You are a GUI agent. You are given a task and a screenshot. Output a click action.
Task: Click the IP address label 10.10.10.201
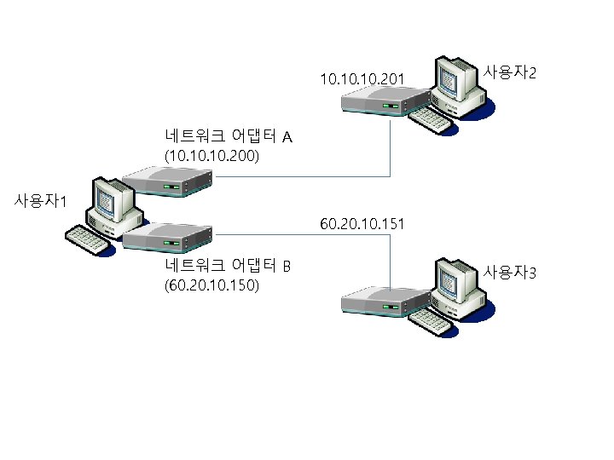pyautogui.click(x=362, y=79)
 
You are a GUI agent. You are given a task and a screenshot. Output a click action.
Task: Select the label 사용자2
pyautogui.click(x=509, y=73)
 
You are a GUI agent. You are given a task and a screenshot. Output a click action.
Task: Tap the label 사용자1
pyautogui.click(x=40, y=202)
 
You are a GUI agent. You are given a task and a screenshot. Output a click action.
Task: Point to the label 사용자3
pyautogui.click(x=509, y=273)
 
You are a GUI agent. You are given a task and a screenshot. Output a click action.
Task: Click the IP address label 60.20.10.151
pyautogui.click(x=362, y=224)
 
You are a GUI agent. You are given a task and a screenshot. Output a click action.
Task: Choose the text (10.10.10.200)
pyautogui.click(x=212, y=157)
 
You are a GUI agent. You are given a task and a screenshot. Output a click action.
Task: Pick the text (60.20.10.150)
pyautogui.click(x=212, y=286)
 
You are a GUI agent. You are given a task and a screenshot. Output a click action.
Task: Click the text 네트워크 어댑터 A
pyautogui.click(x=228, y=136)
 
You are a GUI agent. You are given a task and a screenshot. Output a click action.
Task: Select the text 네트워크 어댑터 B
pyautogui.click(x=228, y=266)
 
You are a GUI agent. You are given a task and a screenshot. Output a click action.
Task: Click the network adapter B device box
pyautogui.click(x=167, y=236)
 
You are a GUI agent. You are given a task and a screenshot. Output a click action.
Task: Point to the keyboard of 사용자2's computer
pyautogui.click(x=431, y=120)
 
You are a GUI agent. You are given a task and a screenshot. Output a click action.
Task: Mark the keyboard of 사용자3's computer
pyautogui.click(x=431, y=319)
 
